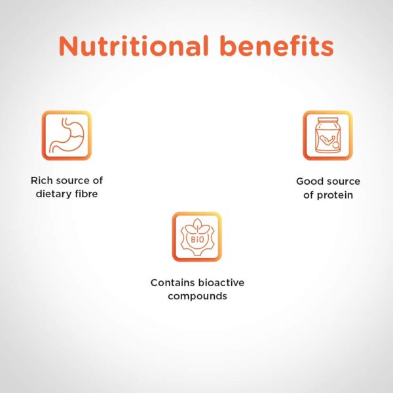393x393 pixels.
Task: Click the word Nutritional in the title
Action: coord(134,46)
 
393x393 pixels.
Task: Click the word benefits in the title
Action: coord(277,45)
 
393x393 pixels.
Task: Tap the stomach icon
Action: coord(67,136)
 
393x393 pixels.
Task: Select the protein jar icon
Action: coord(327,136)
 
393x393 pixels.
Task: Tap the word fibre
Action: coord(86,194)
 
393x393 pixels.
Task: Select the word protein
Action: coord(335,195)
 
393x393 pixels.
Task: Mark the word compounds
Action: coord(198,296)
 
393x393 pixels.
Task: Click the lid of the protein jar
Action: coord(327,120)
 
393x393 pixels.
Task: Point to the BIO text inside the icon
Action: coord(198,240)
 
